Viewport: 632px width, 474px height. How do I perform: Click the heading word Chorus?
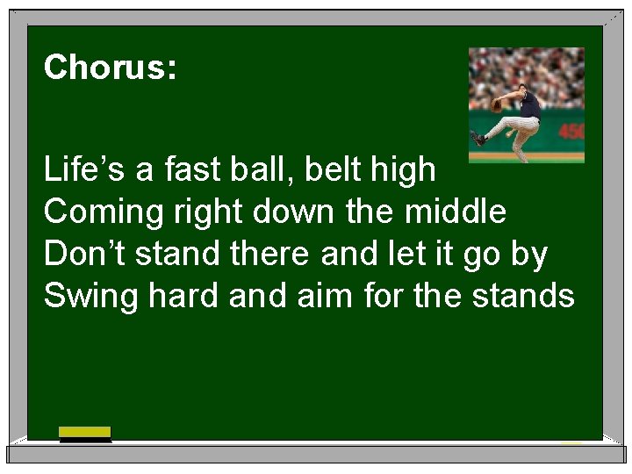[110, 68]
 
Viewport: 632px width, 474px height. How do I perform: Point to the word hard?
[184, 296]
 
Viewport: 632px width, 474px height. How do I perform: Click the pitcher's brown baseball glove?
[498, 105]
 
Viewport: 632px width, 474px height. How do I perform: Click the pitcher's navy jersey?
[529, 104]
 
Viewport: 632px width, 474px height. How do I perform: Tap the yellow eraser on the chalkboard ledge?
[85, 432]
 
